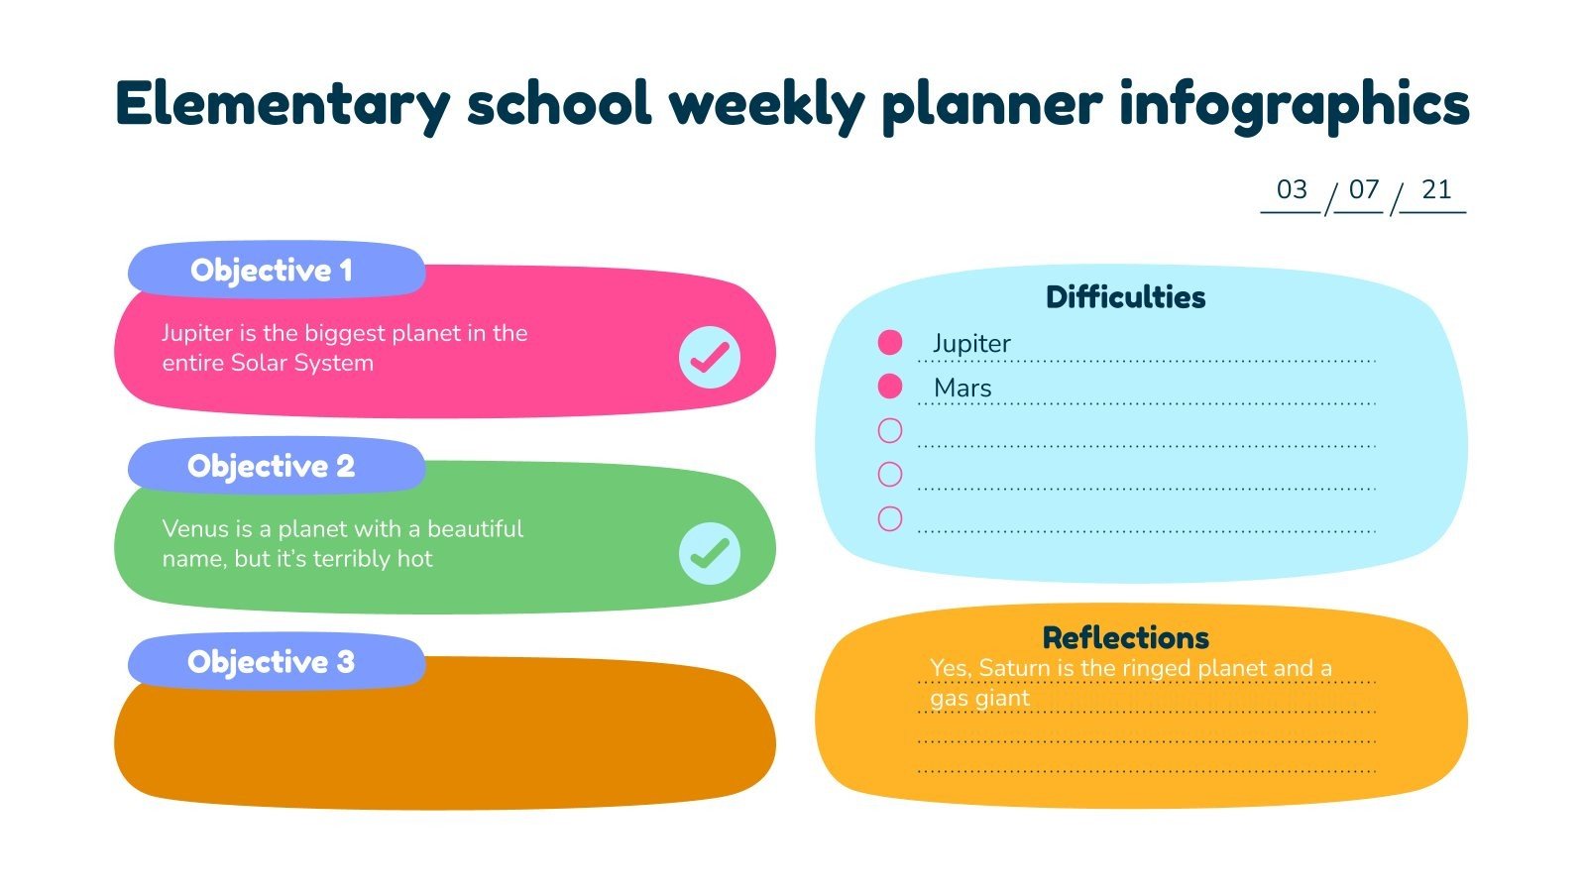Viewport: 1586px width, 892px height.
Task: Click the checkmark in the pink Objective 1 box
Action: click(x=710, y=357)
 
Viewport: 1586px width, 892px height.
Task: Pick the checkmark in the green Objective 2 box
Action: click(x=710, y=553)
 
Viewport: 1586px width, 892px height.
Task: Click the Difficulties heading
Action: click(x=1125, y=296)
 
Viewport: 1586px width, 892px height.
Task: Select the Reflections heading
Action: click(x=1125, y=636)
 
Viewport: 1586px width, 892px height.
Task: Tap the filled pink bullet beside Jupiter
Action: click(x=890, y=343)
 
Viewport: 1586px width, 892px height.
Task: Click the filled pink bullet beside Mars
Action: click(x=890, y=387)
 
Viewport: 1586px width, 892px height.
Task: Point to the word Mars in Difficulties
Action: click(x=962, y=389)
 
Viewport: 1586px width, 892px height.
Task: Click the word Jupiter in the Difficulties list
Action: click(x=971, y=344)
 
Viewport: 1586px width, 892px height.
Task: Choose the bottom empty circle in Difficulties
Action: click(x=890, y=518)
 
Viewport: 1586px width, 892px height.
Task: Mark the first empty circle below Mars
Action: click(x=890, y=430)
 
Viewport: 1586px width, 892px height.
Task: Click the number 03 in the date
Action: click(x=1292, y=189)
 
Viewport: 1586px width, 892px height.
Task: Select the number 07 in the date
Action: click(x=1364, y=189)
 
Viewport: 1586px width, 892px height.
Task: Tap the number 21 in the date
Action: click(x=1435, y=189)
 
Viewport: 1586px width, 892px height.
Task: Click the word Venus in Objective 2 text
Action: click(x=194, y=529)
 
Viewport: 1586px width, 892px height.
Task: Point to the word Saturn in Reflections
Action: click(x=1013, y=669)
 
